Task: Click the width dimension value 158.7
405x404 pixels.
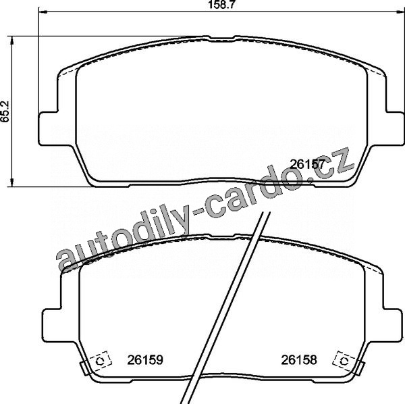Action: click(221, 5)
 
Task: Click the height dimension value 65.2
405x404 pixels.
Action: click(5, 111)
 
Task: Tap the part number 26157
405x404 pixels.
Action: click(307, 164)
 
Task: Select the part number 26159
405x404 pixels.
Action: click(145, 359)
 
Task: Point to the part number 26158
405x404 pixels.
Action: click(299, 359)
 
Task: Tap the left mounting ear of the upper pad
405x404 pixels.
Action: click(48, 128)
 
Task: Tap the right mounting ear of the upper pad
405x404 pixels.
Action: click(394, 128)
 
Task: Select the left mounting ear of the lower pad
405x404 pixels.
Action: click(52, 325)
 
